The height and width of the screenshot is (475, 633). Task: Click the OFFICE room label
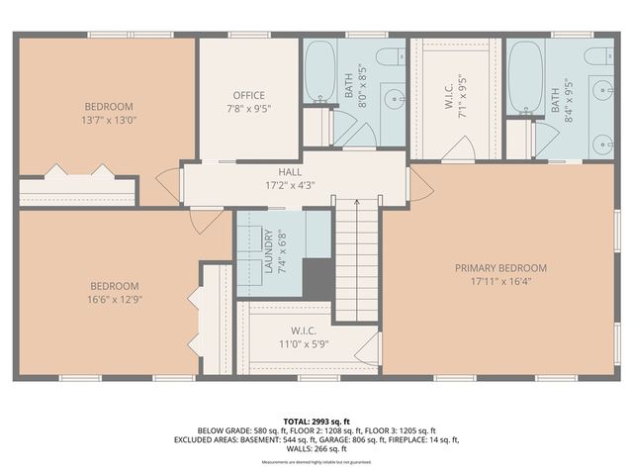pyautogui.click(x=248, y=95)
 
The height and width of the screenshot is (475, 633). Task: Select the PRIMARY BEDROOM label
pyautogui.click(x=500, y=267)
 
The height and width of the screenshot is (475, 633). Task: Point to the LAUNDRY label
pyautogui.click(x=268, y=251)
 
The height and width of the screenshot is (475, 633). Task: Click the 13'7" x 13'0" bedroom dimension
pyautogui.click(x=109, y=120)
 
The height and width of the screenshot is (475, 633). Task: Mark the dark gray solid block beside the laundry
pyautogui.click(x=317, y=276)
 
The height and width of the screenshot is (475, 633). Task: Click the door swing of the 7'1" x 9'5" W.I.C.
pyautogui.click(x=459, y=148)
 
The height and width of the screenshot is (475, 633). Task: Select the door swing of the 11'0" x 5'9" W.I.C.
pyautogui.click(x=369, y=346)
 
